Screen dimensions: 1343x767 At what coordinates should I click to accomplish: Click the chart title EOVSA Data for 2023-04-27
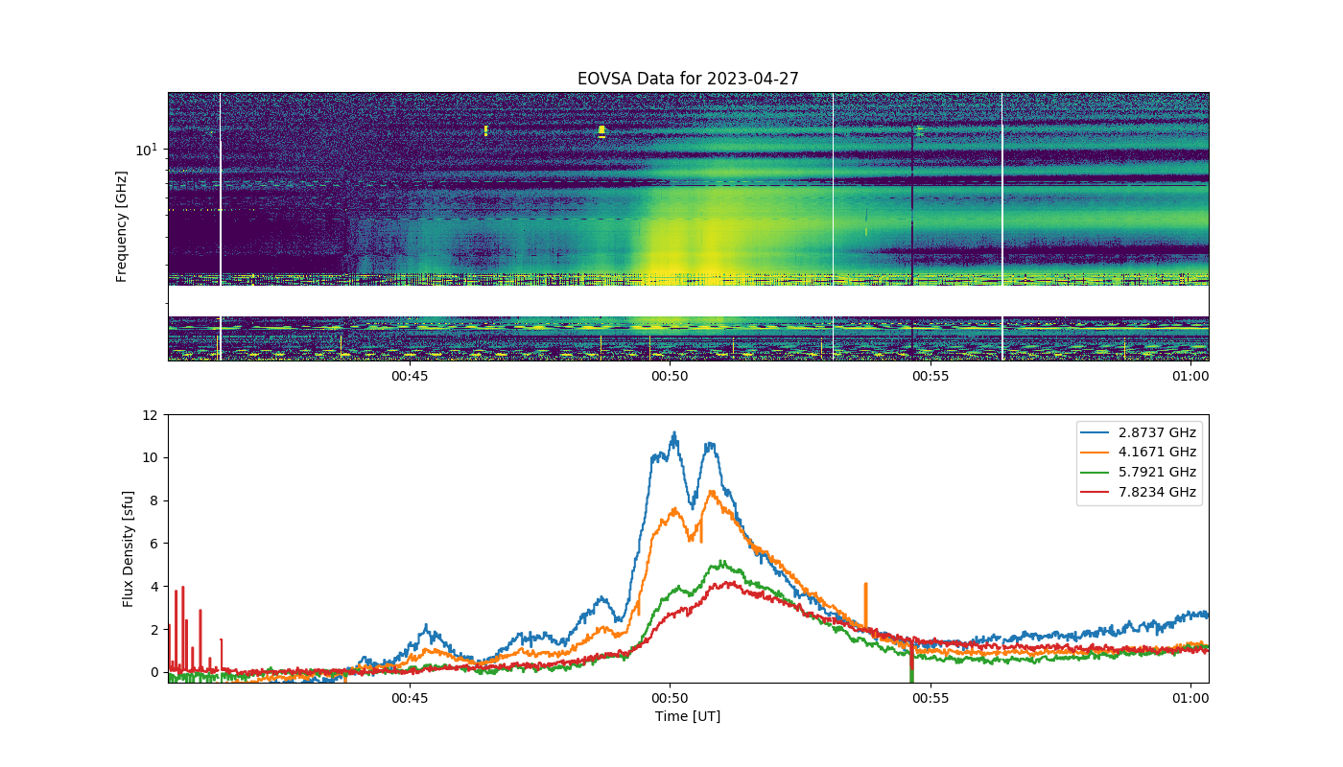[x=688, y=79]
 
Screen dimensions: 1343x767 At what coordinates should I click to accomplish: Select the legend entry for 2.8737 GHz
[x=1138, y=432]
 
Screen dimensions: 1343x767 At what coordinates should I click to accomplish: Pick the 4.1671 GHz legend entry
[x=1138, y=452]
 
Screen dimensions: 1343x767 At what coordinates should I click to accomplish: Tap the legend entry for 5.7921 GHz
[x=1138, y=472]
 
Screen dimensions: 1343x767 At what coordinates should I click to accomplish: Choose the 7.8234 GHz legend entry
[x=1138, y=492]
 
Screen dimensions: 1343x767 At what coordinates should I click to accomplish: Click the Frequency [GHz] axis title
[x=122, y=226]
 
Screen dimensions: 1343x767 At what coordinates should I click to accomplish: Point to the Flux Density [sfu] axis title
[x=128, y=548]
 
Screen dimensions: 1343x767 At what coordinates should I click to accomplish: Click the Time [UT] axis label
[x=688, y=716]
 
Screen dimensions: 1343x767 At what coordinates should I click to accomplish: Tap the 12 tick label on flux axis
[x=151, y=415]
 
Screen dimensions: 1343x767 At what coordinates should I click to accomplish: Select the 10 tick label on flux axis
[x=151, y=458]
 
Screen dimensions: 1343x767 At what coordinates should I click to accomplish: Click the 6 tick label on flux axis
[x=154, y=544]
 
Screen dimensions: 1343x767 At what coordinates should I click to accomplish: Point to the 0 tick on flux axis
[x=154, y=672]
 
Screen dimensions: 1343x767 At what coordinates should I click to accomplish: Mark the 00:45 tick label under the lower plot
[x=410, y=698]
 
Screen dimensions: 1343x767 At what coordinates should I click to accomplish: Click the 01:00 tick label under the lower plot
[x=1190, y=698]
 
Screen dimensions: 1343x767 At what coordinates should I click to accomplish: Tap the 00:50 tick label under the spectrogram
[x=670, y=376]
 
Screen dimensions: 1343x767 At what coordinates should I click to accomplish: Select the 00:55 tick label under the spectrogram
[x=931, y=376]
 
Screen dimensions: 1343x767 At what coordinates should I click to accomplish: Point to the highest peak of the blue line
[x=674, y=432]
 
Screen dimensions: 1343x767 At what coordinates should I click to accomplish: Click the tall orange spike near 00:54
[x=865, y=605]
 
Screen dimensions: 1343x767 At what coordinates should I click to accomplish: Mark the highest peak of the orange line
[x=712, y=491]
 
